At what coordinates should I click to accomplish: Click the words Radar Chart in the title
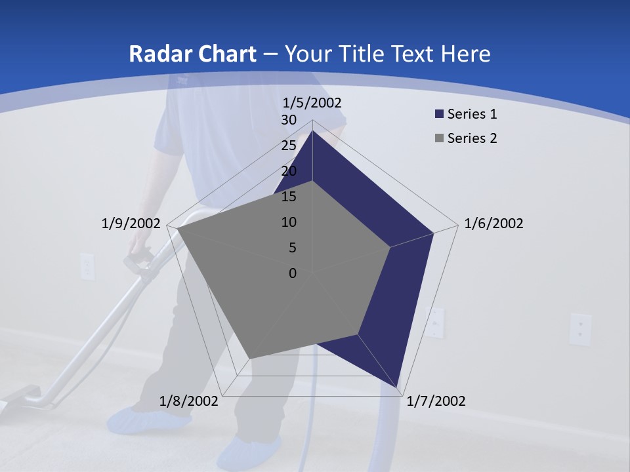(x=192, y=54)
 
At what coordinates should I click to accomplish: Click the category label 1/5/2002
(x=312, y=103)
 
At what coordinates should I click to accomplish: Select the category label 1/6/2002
(x=493, y=224)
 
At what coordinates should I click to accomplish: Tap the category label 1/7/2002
(x=436, y=401)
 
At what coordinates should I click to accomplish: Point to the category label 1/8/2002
(x=188, y=401)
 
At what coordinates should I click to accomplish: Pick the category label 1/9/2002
(x=131, y=224)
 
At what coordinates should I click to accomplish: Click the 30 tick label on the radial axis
(x=289, y=120)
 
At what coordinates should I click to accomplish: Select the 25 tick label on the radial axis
(x=289, y=146)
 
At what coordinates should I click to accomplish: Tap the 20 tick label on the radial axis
(x=289, y=171)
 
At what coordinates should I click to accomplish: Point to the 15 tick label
(x=289, y=197)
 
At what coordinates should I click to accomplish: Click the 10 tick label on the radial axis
(x=289, y=222)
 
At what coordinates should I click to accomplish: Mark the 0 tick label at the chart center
(x=293, y=273)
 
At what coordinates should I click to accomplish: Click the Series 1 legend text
(x=472, y=114)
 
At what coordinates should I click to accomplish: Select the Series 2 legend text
(x=472, y=138)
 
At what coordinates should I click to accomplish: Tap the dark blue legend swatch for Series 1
(x=439, y=114)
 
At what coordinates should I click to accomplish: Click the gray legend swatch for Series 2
(x=439, y=138)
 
